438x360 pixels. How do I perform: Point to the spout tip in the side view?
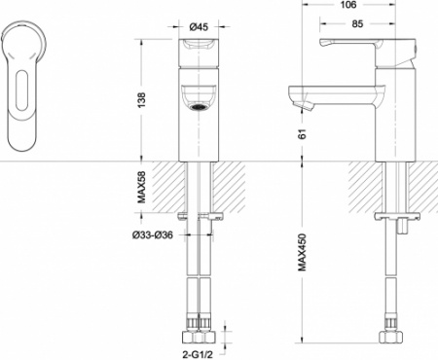[x=299, y=97]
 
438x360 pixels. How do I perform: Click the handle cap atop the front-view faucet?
[x=199, y=48]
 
